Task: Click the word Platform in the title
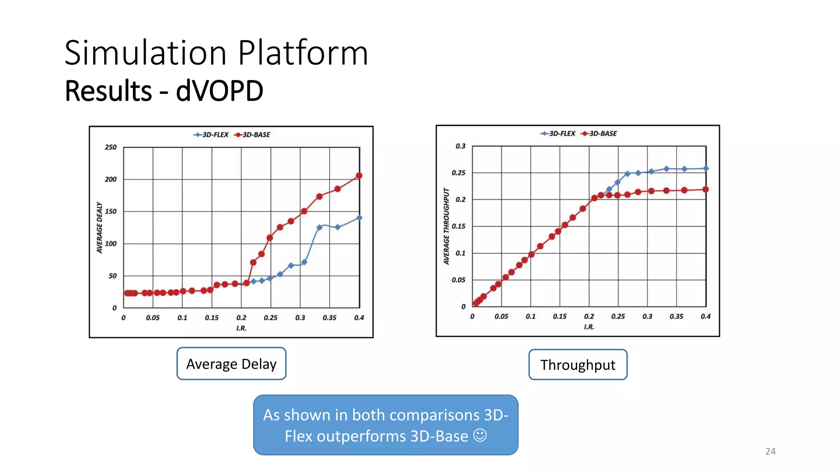pyautogui.click(x=303, y=53)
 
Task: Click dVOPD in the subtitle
pyautogui.click(x=219, y=91)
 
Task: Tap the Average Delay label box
pyautogui.click(x=231, y=364)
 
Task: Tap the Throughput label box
pyautogui.click(x=577, y=365)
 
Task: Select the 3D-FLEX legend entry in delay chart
pyautogui.click(x=211, y=135)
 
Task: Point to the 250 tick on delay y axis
pyautogui.click(x=110, y=147)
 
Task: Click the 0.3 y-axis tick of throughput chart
pyautogui.click(x=460, y=146)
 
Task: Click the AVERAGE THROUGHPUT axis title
pyautogui.click(x=446, y=226)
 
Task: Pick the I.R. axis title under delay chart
pyautogui.click(x=241, y=328)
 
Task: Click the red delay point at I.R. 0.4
pyautogui.click(x=359, y=176)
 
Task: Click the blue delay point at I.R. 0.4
pyautogui.click(x=359, y=218)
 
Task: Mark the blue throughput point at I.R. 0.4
pyautogui.click(x=705, y=168)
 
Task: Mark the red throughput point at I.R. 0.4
pyautogui.click(x=705, y=190)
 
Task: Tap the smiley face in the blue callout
pyautogui.click(x=480, y=435)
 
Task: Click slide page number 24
pyautogui.click(x=770, y=451)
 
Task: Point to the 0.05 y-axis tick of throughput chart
pyautogui.click(x=458, y=280)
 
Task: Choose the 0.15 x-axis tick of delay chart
pyautogui.click(x=212, y=317)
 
